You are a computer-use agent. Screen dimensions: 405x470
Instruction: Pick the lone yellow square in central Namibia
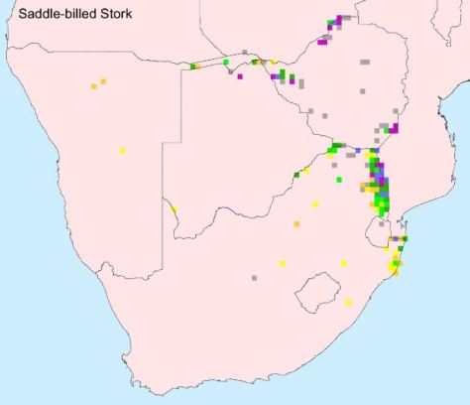[x=122, y=150]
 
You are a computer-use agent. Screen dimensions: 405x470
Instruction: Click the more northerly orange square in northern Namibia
[x=103, y=81]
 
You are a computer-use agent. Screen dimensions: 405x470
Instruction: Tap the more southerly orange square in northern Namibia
[x=96, y=86]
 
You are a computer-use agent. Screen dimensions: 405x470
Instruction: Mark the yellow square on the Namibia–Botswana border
[x=175, y=209]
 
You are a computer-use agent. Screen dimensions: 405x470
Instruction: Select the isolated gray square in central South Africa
[x=254, y=277]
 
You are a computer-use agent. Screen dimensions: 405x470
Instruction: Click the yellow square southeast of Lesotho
[x=349, y=303]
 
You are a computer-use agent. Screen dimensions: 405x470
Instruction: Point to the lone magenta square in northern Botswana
[x=240, y=75]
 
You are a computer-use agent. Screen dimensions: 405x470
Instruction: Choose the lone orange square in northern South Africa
[x=296, y=225]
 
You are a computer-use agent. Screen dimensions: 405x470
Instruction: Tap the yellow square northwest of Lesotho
[x=283, y=263]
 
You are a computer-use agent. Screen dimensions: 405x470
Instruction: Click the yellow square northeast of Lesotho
[x=344, y=263]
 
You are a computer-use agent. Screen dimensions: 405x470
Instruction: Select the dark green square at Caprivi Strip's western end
[x=192, y=66]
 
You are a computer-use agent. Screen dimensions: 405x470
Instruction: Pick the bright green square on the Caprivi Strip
[x=226, y=64]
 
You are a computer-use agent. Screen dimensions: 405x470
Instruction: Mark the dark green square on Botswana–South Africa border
[x=295, y=175]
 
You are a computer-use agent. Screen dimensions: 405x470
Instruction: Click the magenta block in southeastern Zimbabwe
[x=394, y=128]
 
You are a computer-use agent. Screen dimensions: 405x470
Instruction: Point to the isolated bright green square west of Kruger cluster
[x=339, y=180]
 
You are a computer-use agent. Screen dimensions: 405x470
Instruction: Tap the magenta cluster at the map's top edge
[x=341, y=20]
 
